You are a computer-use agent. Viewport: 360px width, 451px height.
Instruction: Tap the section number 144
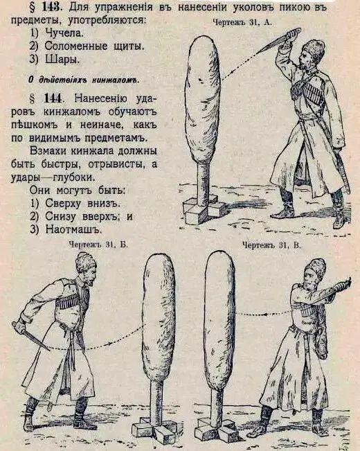click(x=53, y=98)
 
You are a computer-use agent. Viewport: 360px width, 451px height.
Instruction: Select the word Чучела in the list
click(x=64, y=33)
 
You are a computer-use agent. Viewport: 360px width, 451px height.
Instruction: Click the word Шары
click(x=62, y=59)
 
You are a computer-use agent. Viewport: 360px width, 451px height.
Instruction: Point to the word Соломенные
click(x=76, y=46)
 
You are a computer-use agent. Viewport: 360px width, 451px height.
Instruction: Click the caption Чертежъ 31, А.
click(x=242, y=22)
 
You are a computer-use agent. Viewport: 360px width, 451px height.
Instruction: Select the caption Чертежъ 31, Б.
click(x=98, y=245)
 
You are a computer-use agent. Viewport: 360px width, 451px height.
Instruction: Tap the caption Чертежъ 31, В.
click(x=271, y=245)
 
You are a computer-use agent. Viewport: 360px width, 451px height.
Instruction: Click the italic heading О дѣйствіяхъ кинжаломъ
click(x=84, y=80)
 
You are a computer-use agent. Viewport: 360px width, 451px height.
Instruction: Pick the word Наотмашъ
click(x=73, y=229)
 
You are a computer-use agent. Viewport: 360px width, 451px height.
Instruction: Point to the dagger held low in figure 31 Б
click(x=31, y=336)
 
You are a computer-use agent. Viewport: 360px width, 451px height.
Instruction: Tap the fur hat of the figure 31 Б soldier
click(x=85, y=263)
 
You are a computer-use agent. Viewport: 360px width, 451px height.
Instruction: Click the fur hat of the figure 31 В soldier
click(x=316, y=268)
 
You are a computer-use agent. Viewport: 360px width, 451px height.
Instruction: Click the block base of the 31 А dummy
click(x=204, y=209)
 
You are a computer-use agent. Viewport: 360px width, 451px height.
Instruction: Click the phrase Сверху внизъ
click(x=82, y=203)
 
